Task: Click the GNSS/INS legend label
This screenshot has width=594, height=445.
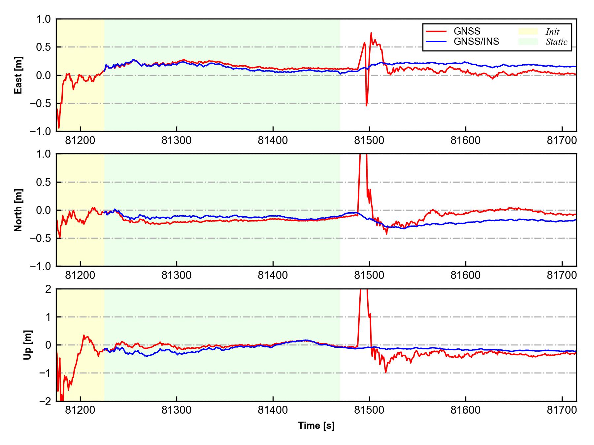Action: tap(476, 42)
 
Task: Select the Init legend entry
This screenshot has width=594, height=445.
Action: tap(552, 32)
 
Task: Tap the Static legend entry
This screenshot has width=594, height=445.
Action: tap(556, 42)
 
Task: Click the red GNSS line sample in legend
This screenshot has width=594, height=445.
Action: tap(436, 31)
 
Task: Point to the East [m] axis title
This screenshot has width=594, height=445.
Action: tap(18, 75)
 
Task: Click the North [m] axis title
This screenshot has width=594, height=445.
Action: tap(18, 210)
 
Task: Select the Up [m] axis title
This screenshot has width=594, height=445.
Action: tap(28, 345)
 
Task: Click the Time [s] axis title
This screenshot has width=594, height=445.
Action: tap(316, 426)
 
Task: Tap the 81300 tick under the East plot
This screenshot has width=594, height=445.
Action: tap(177, 140)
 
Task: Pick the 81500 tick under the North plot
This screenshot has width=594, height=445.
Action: tap(369, 275)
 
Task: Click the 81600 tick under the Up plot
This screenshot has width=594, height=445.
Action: tap(466, 410)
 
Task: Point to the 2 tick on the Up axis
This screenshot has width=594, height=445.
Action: tap(49, 289)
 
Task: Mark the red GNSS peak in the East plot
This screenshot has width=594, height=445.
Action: tap(371, 33)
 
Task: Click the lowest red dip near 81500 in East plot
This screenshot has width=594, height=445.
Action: tap(366, 105)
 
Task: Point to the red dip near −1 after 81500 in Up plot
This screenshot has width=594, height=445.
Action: tap(385, 372)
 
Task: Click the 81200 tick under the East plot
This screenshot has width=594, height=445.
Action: tap(80, 140)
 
